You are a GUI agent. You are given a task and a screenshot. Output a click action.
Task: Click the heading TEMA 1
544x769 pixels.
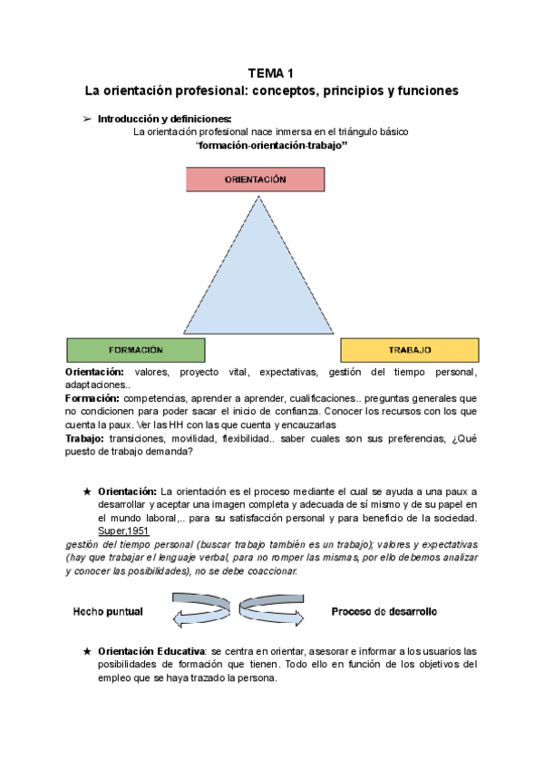tap(272, 74)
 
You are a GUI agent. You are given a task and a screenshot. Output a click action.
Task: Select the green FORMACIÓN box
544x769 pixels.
tap(136, 349)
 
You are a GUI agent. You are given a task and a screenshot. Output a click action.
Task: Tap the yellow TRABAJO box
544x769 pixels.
tap(409, 349)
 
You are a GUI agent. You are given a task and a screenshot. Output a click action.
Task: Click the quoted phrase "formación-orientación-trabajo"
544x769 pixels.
tap(272, 145)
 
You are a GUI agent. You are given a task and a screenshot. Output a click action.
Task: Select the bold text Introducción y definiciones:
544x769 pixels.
tap(164, 119)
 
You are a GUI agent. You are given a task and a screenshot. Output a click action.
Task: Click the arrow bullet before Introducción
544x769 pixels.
tap(88, 119)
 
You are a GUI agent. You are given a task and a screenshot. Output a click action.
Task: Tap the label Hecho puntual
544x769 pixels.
tap(108, 611)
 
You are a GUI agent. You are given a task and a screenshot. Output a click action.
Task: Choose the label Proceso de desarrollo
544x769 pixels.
tap(384, 611)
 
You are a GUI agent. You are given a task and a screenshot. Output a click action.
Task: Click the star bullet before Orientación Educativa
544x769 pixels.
tap(87, 652)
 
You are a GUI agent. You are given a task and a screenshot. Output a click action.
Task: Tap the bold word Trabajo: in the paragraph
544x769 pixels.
tap(84, 438)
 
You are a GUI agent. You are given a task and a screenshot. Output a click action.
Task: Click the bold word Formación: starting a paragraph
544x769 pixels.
tap(92, 398)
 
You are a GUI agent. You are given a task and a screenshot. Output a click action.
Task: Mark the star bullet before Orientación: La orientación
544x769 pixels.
tap(87, 492)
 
